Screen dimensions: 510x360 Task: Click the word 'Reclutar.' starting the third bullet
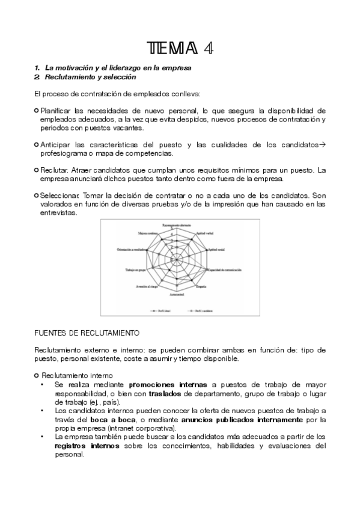pyautogui.click(x=55, y=170)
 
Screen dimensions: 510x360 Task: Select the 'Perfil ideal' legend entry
pyautogui.click(x=160, y=311)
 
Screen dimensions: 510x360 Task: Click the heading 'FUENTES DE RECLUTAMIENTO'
pyautogui.click(x=87, y=333)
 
